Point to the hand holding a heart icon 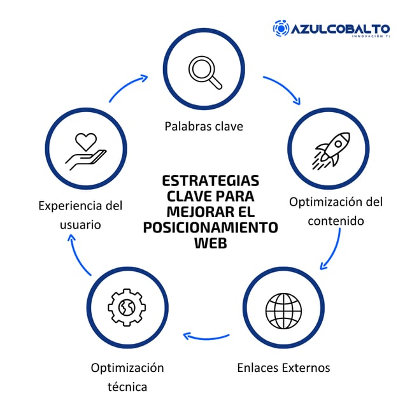coord(87,150)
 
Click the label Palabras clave coord(204,126)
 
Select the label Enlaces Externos coord(283,367)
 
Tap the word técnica coord(127,387)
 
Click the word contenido coord(336,221)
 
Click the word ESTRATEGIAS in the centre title coord(211,180)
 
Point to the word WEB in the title coord(210,243)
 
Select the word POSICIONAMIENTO coord(210,227)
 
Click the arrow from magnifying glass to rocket coord(282,89)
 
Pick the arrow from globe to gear coord(205,336)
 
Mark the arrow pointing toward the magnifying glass coord(128,88)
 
